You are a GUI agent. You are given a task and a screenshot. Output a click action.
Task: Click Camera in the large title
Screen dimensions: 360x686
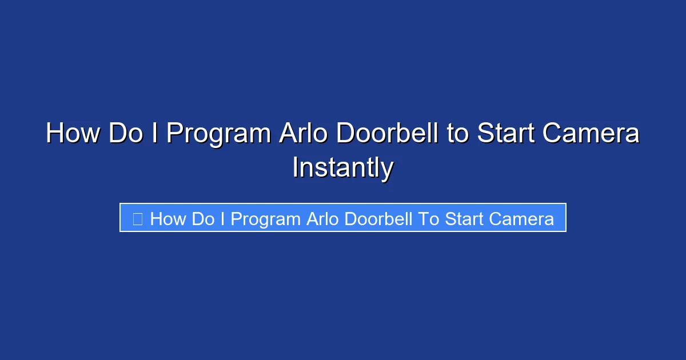click(591, 134)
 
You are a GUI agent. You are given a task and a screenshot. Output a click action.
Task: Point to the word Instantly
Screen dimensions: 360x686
click(342, 168)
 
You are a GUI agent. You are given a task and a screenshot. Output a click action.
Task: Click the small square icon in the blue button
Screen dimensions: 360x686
click(137, 218)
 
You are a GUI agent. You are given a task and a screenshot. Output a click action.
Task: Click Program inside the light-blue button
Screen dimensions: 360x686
click(266, 219)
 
